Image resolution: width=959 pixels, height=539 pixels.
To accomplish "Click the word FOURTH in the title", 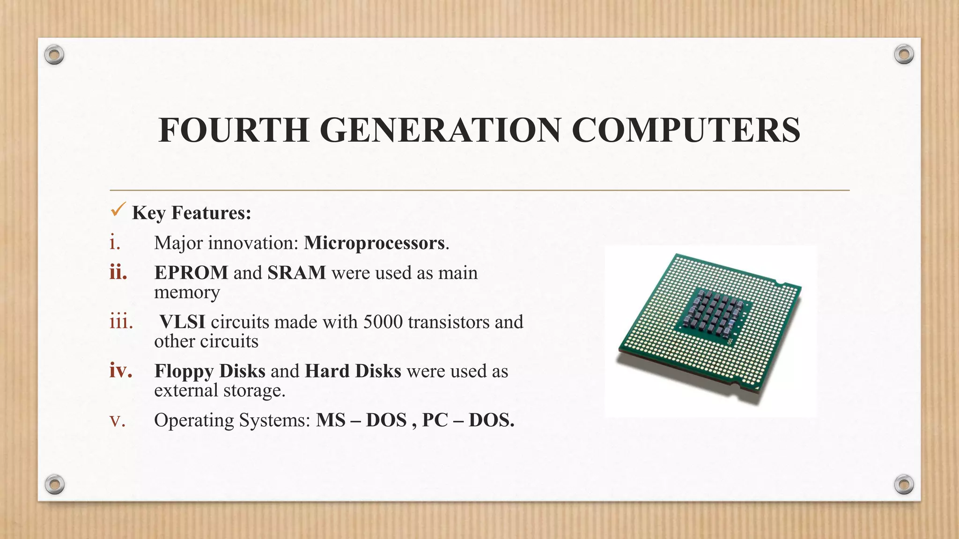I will pyautogui.click(x=233, y=130).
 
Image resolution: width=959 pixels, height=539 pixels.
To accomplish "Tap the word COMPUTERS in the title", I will pyautogui.click(x=686, y=130).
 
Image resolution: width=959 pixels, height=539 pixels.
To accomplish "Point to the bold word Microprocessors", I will pyautogui.click(x=374, y=243).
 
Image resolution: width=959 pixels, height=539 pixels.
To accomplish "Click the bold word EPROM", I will pyautogui.click(x=191, y=273).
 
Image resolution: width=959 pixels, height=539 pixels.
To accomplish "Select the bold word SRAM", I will pyautogui.click(x=296, y=273).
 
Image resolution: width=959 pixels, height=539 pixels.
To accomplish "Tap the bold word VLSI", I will pyautogui.click(x=182, y=322).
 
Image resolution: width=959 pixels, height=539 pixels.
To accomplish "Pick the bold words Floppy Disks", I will pyautogui.click(x=210, y=371).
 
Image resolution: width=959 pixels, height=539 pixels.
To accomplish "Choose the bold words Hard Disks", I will pyautogui.click(x=353, y=371).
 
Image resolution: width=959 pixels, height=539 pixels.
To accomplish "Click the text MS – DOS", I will pyautogui.click(x=361, y=420).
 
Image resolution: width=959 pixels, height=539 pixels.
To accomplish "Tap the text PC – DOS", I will pyautogui.click(x=468, y=420).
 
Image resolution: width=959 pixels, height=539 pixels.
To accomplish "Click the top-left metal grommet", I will pyautogui.click(x=54, y=55).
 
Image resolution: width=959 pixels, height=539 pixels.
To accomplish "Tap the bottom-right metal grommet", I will pyautogui.click(x=904, y=484).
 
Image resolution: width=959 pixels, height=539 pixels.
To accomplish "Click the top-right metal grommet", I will pyautogui.click(x=904, y=55).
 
